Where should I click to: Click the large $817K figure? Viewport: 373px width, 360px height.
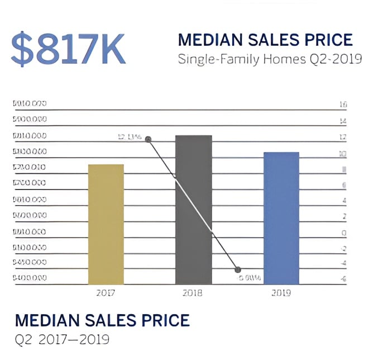(68, 50)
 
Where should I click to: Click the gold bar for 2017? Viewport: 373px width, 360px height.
(106, 224)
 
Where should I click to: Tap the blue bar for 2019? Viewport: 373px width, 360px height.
(281, 218)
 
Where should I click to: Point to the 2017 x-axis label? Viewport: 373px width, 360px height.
(106, 292)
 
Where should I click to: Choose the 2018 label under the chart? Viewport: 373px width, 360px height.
(193, 292)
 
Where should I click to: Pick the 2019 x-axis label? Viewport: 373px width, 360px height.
(281, 292)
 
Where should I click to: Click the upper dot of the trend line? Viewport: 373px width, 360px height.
(148, 139)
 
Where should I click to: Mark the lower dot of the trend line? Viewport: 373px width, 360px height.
(237, 269)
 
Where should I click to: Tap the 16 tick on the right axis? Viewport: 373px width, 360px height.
(343, 104)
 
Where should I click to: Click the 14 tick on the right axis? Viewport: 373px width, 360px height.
(343, 121)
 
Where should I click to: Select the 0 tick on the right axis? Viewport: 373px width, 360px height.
(344, 233)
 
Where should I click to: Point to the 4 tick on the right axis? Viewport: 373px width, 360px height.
(344, 200)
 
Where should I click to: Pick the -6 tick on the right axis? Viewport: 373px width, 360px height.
(343, 280)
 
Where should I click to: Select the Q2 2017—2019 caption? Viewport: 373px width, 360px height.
(61, 339)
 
